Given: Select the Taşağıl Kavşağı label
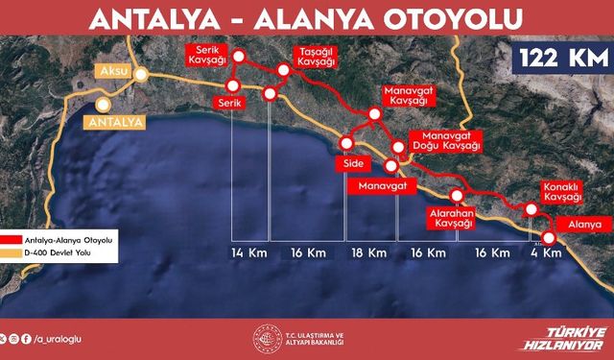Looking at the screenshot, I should click(x=318, y=54).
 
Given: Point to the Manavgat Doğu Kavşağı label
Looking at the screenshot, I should click(x=444, y=142).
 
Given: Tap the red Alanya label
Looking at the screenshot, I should click(x=584, y=225).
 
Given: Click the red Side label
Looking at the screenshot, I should click(x=352, y=164).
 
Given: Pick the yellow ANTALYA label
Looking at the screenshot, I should click(x=114, y=122).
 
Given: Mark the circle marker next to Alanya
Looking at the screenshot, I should click(x=550, y=239).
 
